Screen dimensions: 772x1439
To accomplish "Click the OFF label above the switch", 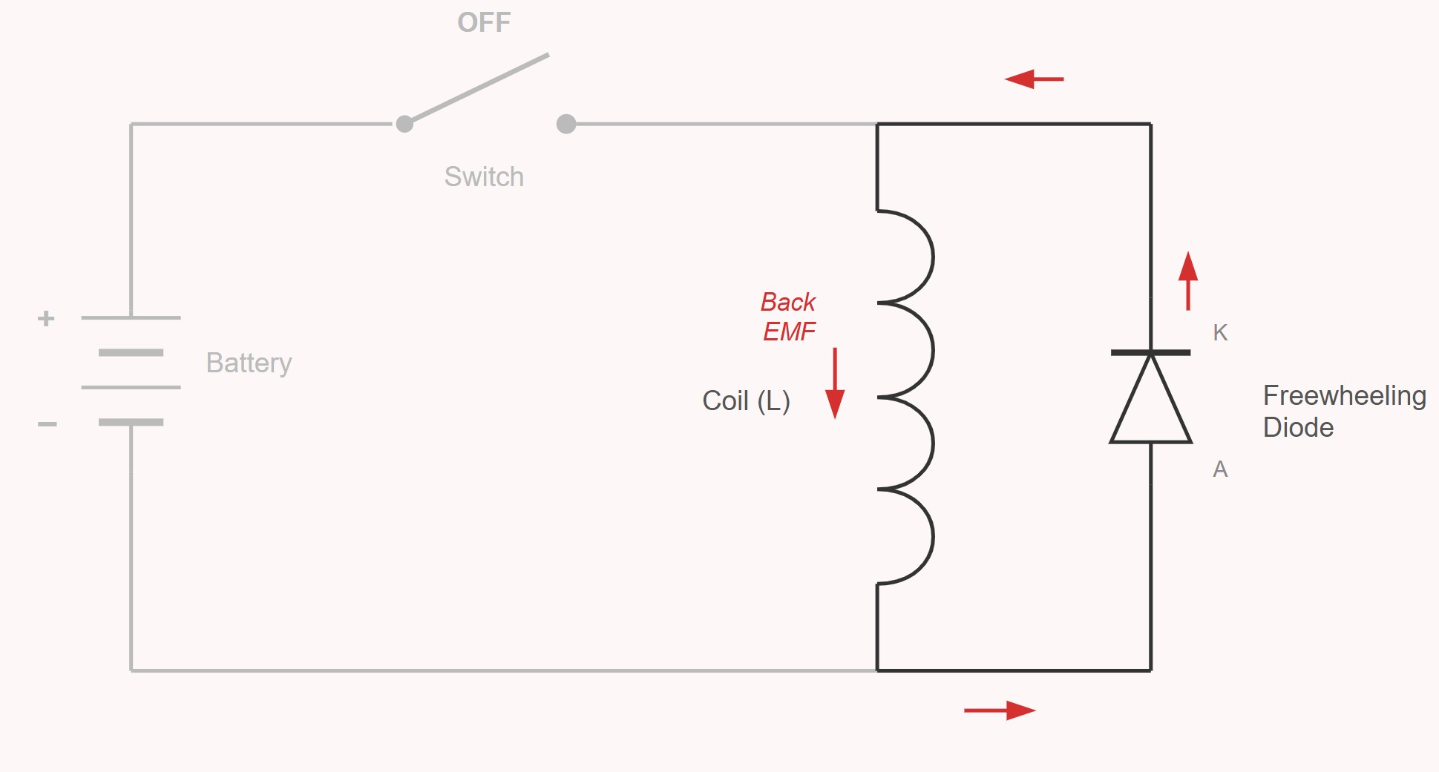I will tap(484, 23).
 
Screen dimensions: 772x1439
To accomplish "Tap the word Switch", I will tap(484, 177).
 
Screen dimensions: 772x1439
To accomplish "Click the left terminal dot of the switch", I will tap(404, 124).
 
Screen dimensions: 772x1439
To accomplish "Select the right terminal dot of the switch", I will tap(566, 124).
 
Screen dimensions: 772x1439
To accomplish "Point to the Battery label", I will tap(249, 363).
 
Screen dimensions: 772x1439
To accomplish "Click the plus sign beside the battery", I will tap(46, 319).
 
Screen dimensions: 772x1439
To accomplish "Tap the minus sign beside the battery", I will tap(47, 424).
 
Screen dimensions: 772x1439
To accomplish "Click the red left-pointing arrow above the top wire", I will tap(1034, 79).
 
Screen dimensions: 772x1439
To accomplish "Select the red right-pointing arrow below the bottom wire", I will tap(1000, 710).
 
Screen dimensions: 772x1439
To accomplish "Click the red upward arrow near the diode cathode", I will tap(1188, 280).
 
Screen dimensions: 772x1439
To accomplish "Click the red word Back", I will tap(787, 303).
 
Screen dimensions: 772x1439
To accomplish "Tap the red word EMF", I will tap(789, 331).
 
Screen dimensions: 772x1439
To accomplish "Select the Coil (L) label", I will tap(746, 401).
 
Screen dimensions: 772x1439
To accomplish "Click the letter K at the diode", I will tap(1220, 333).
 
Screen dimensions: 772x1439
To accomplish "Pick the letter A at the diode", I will tap(1220, 469).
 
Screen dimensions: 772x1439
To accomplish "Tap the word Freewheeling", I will tap(1344, 396).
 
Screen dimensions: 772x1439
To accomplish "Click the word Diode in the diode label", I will tap(1298, 428).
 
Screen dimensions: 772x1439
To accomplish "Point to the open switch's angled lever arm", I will tap(479, 88).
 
